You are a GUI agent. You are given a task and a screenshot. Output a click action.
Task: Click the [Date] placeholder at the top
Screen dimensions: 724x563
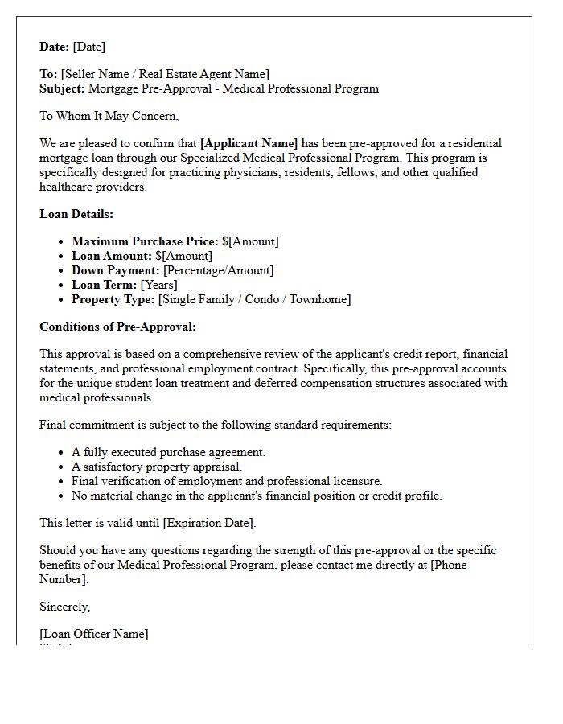coord(89,47)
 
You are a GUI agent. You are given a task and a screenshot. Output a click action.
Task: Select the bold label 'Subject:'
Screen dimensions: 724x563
coord(62,88)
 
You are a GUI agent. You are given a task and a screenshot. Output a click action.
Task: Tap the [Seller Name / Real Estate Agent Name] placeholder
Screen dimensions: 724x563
coord(165,74)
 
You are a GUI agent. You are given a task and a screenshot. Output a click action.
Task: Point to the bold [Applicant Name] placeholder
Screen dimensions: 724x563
coord(249,143)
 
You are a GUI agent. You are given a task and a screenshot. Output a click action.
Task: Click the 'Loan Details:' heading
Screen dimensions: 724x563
coord(76,214)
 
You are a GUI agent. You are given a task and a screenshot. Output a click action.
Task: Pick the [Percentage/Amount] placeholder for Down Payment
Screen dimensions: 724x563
coord(218,270)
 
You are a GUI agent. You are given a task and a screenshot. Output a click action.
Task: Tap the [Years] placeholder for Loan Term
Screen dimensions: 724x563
coord(159,285)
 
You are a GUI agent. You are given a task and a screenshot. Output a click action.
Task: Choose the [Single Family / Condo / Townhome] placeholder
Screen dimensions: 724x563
coord(254,299)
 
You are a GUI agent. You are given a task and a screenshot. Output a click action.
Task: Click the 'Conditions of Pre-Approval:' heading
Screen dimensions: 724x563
coord(117,327)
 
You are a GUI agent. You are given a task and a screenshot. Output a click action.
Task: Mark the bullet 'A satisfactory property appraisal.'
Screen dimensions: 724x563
coord(157,467)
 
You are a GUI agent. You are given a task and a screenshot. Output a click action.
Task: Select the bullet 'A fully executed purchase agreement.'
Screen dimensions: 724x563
coord(168,452)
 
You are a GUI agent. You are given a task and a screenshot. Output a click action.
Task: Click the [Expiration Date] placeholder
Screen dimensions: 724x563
coord(208,523)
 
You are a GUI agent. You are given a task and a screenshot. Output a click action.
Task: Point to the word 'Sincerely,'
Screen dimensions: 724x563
coord(65,607)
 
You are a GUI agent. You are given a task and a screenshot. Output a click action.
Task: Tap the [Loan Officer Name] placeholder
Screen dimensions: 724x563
coord(94,634)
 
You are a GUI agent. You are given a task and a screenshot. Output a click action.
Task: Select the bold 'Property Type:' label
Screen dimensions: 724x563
coord(113,299)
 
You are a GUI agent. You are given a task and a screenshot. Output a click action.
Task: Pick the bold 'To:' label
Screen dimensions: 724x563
coord(48,74)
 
